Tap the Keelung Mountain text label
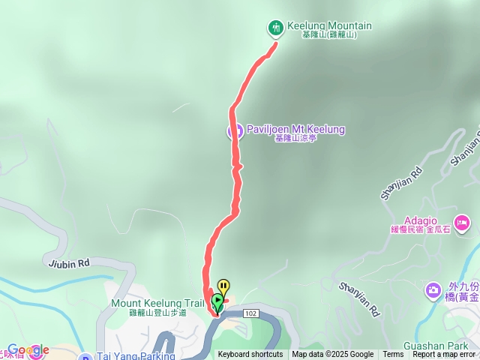pyautogui.click(x=329, y=26)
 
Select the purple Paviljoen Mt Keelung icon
pyautogui.click(x=234, y=130)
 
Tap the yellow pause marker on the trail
pyautogui.click(x=223, y=287)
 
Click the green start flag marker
pyautogui.click(x=217, y=302)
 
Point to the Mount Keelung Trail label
pyautogui.click(x=157, y=304)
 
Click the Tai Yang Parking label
pyautogui.click(x=136, y=356)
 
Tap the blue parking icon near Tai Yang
pyautogui.click(x=86, y=357)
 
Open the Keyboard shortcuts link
pyautogui.click(x=250, y=355)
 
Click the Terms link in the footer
pyautogui.click(x=393, y=355)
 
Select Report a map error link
pyautogui.click(x=444, y=355)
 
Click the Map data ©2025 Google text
pyautogui.click(x=333, y=355)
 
